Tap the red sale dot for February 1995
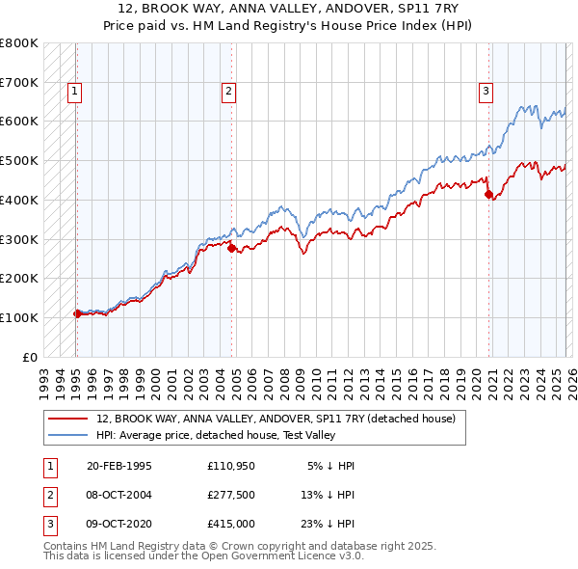click(x=77, y=313)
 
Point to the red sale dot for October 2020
click(x=488, y=194)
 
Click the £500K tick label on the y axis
click(x=19, y=160)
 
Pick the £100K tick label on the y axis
click(x=19, y=317)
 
